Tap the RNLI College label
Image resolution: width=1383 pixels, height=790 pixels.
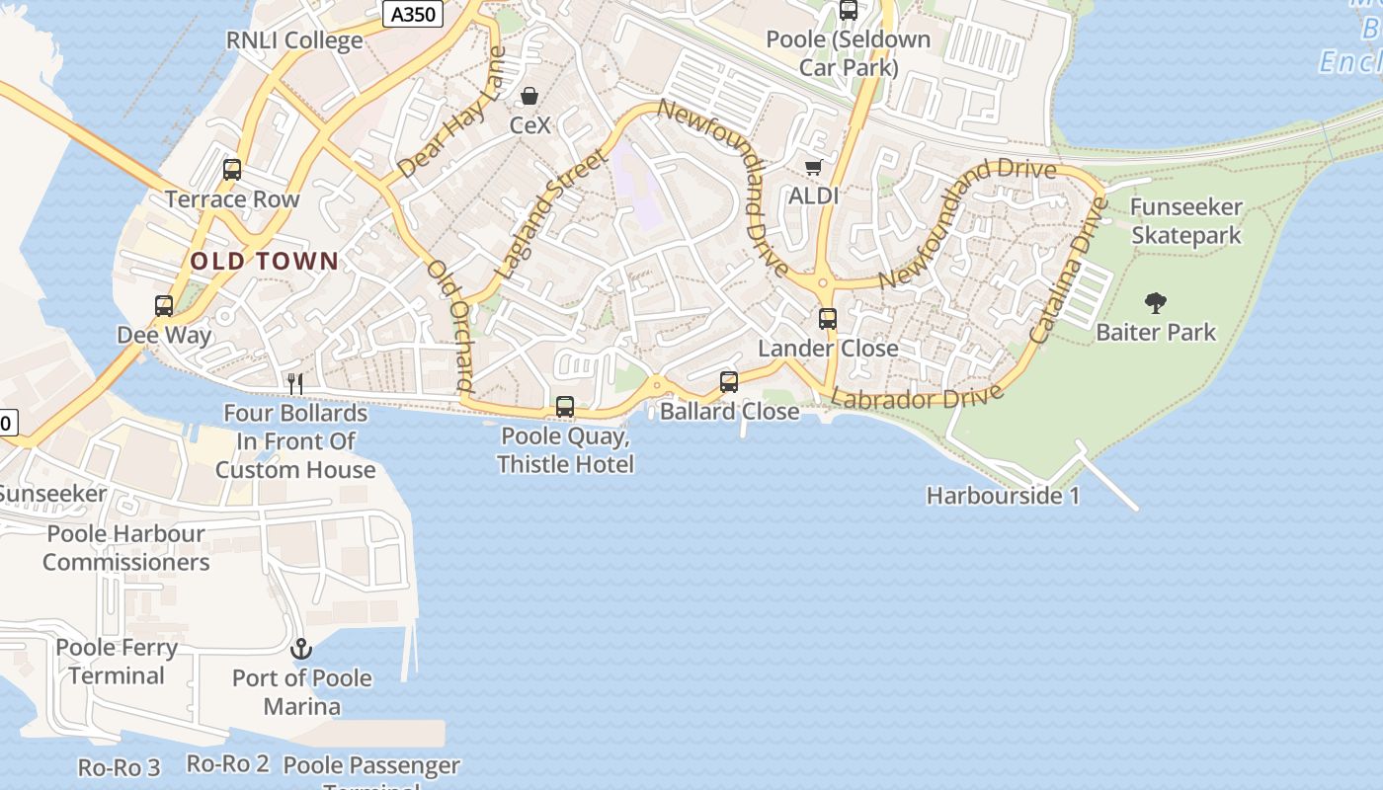294,40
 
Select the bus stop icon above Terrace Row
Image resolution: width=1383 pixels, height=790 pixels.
232,170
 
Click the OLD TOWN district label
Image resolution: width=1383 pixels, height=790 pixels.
264,262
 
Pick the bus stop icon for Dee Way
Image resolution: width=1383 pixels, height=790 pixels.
164,306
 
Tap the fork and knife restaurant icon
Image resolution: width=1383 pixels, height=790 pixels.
294,383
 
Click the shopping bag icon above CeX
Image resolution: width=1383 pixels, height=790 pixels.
529,96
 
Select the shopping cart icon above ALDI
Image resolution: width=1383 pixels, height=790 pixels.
813,167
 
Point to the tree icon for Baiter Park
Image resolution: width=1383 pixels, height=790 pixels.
1155,302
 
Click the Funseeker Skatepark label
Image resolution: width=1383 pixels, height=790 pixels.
1185,221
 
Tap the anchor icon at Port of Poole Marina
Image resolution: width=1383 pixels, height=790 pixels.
300,649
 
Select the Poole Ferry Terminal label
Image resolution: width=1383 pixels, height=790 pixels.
117,662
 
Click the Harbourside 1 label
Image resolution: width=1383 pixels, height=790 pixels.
1003,496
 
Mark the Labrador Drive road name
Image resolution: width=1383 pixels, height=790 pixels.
917,397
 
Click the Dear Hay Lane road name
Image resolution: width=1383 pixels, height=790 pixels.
453,114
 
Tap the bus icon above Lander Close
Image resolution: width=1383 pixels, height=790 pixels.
828,319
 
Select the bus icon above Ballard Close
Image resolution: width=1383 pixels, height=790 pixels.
729,381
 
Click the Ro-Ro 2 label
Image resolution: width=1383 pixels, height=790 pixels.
228,763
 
